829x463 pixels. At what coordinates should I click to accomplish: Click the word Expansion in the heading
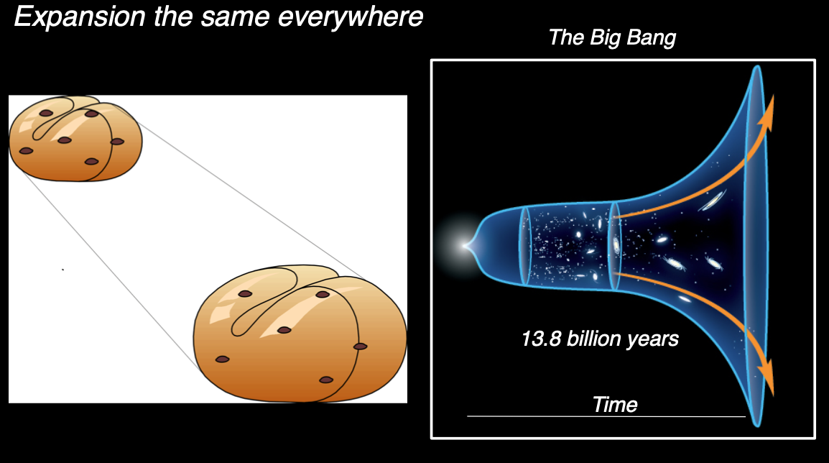(80, 17)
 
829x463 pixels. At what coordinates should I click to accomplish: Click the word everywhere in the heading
(350, 17)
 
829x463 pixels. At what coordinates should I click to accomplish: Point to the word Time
(615, 405)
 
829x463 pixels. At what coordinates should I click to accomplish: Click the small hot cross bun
(75, 139)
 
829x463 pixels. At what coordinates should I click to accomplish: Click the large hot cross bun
(300, 334)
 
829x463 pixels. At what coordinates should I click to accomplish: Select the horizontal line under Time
(606, 416)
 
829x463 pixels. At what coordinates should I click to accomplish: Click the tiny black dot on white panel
(63, 270)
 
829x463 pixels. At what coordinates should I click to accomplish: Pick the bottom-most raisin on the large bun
(326, 380)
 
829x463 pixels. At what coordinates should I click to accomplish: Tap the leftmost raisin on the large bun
(222, 359)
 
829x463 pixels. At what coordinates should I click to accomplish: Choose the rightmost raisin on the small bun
(117, 142)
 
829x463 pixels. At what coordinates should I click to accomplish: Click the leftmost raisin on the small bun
(26, 151)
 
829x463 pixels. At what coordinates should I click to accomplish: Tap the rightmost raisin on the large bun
(360, 347)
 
